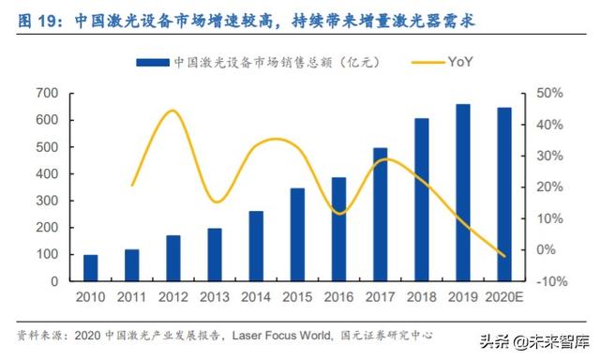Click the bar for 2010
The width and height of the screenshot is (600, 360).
(91, 268)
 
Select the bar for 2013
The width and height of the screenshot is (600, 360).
(215, 255)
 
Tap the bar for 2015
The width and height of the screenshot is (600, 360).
(297, 234)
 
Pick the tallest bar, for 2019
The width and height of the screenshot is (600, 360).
(463, 193)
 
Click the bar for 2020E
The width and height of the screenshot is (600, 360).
(504, 195)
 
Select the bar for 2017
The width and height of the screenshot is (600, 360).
(380, 215)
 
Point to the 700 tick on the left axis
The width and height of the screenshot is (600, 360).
(48, 94)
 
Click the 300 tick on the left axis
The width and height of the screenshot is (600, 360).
(48, 201)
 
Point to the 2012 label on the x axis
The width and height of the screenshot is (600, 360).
(172, 297)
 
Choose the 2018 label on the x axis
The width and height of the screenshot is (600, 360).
(421, 297)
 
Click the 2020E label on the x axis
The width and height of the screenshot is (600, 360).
(504, 297)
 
